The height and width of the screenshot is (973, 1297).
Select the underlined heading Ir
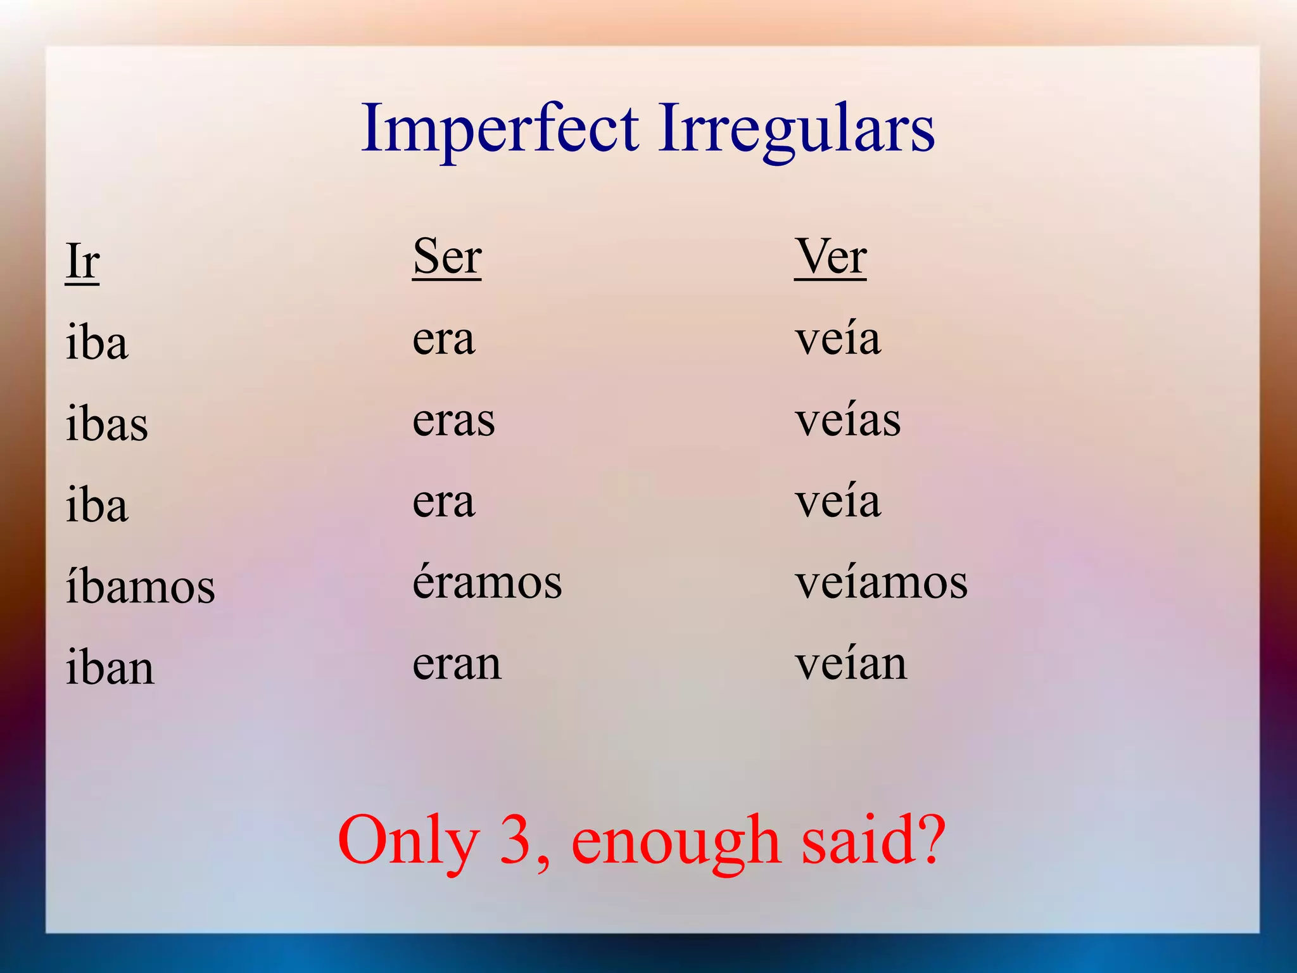82,261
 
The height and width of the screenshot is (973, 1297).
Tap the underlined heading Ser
447,257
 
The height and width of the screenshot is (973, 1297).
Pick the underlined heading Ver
830,257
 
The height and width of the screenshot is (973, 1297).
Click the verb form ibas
107,423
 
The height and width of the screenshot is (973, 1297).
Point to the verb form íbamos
141,586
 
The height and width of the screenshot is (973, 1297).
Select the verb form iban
110,668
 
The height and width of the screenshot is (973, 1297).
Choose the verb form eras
453,420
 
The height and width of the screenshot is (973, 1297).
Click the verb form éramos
487,582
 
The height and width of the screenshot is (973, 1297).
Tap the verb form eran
457,664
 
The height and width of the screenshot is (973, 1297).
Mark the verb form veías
848,420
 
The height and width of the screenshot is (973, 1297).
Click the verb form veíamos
882,582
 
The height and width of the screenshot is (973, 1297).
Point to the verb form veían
851,664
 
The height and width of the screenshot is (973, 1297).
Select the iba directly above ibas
97,343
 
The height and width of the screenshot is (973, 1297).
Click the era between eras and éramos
443,502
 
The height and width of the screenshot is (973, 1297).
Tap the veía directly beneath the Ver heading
838,339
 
